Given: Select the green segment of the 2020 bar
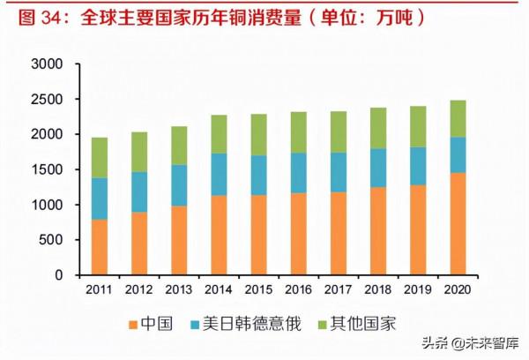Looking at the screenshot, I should click(457, 118).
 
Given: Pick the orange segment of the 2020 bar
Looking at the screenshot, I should click(457, 223).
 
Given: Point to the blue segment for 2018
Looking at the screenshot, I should click(376, 168).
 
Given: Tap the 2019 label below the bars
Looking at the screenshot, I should click(417, 289).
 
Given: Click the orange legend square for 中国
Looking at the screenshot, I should click(134, 324).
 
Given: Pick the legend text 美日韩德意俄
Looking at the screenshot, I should click(261, 324).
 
